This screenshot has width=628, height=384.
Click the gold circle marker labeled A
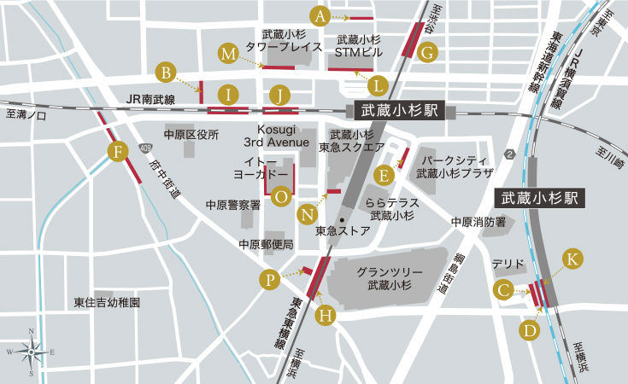coord(320,15)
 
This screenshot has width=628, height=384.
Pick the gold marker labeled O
coord(280,196)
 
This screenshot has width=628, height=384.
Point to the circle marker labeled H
coord(325,315)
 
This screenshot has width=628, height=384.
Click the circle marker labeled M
coord(228,54)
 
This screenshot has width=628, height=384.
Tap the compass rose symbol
coord(32,351)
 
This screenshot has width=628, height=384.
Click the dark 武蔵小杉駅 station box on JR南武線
coord(399,109)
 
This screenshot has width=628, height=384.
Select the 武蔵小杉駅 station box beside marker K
coord(541,198)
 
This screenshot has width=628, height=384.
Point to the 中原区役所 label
coord(191,135)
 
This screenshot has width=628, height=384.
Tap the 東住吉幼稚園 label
coord(107,302)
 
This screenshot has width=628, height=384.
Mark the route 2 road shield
coord(510,154)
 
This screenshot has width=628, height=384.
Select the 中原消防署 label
coord(478,222)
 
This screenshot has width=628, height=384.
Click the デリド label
coord(502,265)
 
